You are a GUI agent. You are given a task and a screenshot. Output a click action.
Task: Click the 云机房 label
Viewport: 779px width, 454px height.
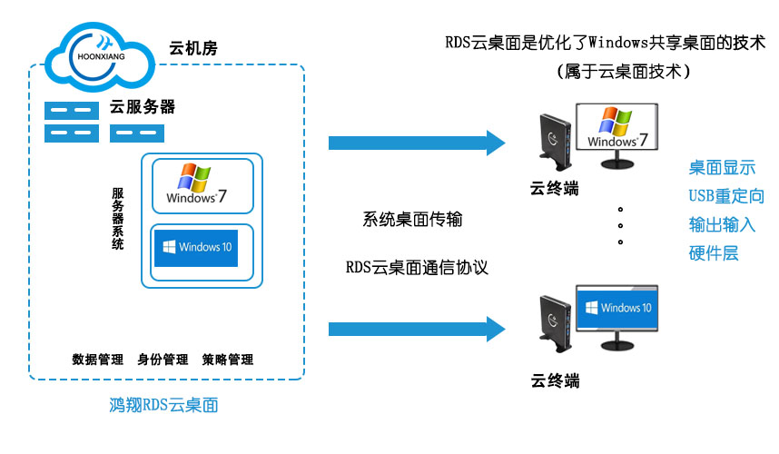pyautogui.click(x=193, y=48)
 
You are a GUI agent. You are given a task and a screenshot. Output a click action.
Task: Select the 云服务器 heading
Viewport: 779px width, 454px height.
pyautogui.click(x=143, y=107)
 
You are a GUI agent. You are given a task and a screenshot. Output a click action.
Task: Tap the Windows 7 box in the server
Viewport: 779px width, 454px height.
pyautogui.click(x=202, y=185)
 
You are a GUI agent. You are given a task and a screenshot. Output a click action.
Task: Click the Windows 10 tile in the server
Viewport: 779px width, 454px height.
pyautogui.click(x=202, y=247)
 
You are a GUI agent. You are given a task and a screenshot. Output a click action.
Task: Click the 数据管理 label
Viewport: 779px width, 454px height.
pyautogui.click(x=97, y=359)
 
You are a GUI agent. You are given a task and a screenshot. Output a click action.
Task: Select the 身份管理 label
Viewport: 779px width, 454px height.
pyautogui.click(x=163, y=359)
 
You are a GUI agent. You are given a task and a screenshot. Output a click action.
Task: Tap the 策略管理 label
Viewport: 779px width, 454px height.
pyautogui.click(x=227, y=359)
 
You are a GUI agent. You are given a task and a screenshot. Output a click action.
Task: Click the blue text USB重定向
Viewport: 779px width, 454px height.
pyautogui.click(x=726, y=196)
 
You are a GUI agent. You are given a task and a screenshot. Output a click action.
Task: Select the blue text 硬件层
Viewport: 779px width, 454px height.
pyautogui.click(x=714, y=252)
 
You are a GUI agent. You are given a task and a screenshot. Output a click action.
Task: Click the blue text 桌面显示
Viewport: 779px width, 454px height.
pyautogui.click(x=721, y=168)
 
